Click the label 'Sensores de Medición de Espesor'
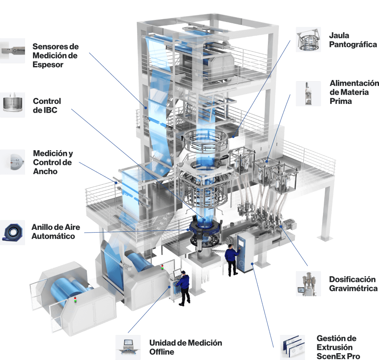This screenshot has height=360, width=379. [56, 55]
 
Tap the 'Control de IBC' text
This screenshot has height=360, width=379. [47, 105]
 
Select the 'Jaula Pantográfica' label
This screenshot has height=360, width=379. [353, 40]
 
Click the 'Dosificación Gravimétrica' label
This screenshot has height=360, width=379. [353, 284]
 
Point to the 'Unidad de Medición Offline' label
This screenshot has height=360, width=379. [186, 347]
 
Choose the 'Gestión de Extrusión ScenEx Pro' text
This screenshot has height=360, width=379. [338, 347]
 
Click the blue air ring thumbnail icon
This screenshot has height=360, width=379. [13, 232]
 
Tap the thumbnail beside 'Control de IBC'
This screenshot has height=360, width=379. [13, 105]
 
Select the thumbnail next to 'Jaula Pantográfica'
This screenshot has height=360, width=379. [309, 39]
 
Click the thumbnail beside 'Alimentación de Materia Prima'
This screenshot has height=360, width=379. [309, 94]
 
